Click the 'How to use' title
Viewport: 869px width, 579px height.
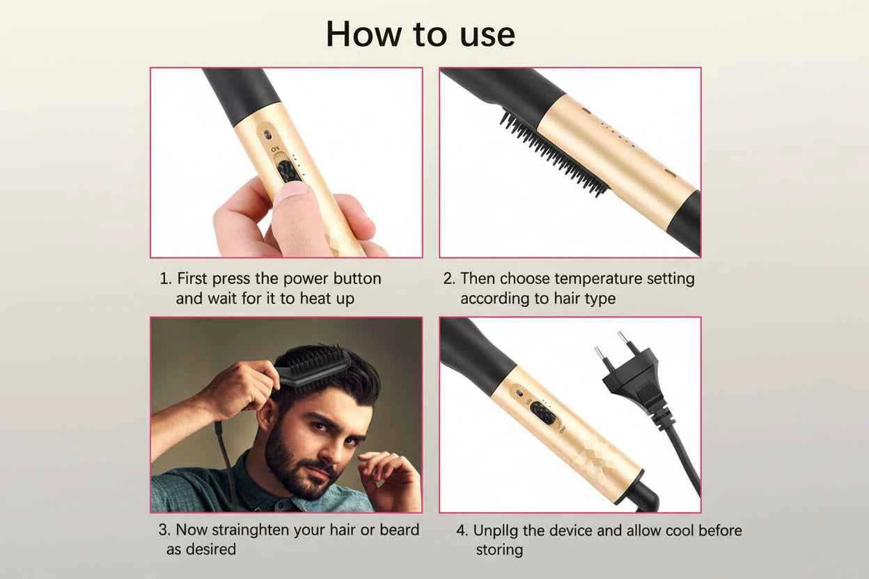[x=421, y=34]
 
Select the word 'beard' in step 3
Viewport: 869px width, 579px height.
[x=399, y=530]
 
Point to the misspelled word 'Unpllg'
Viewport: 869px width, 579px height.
[x=496, y=530]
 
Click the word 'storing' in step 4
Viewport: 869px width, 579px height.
[x=499, y=550]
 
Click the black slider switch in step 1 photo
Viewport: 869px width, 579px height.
[x=288, y=169]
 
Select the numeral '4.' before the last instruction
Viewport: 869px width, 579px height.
[x=462, y=530]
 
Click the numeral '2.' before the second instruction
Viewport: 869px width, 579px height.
[x=449, y=278]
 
